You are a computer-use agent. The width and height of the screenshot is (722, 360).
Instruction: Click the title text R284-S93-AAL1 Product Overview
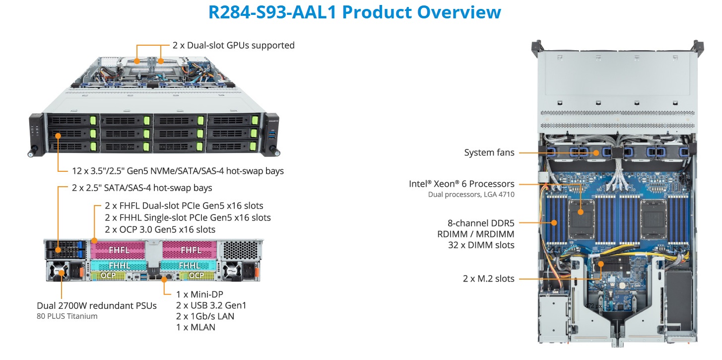(354, 12)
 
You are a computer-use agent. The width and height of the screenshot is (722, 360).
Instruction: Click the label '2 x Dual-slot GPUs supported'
(233, 45)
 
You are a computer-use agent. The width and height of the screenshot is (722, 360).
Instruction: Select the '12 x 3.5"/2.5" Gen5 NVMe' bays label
(178, 171)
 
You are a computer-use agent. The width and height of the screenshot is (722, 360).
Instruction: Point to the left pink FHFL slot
(118, 249)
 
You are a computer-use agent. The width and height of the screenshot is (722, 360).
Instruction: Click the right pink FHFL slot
(191, 249)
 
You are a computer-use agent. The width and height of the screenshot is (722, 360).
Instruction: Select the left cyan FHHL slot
(118, 265)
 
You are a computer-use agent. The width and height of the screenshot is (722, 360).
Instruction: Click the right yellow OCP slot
(196, 275)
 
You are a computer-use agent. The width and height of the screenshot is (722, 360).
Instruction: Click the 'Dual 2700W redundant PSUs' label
(97, 305)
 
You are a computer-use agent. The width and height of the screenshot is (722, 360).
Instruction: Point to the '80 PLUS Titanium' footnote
(67, 316)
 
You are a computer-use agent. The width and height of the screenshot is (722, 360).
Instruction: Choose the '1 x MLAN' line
(196, 327)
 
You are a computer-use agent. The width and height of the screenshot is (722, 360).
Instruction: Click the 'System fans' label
(489, 153)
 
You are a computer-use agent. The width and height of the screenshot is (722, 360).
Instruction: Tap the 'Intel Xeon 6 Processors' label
(461, 184)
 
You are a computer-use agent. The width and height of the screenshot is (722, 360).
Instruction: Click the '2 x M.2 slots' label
(488, 279)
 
